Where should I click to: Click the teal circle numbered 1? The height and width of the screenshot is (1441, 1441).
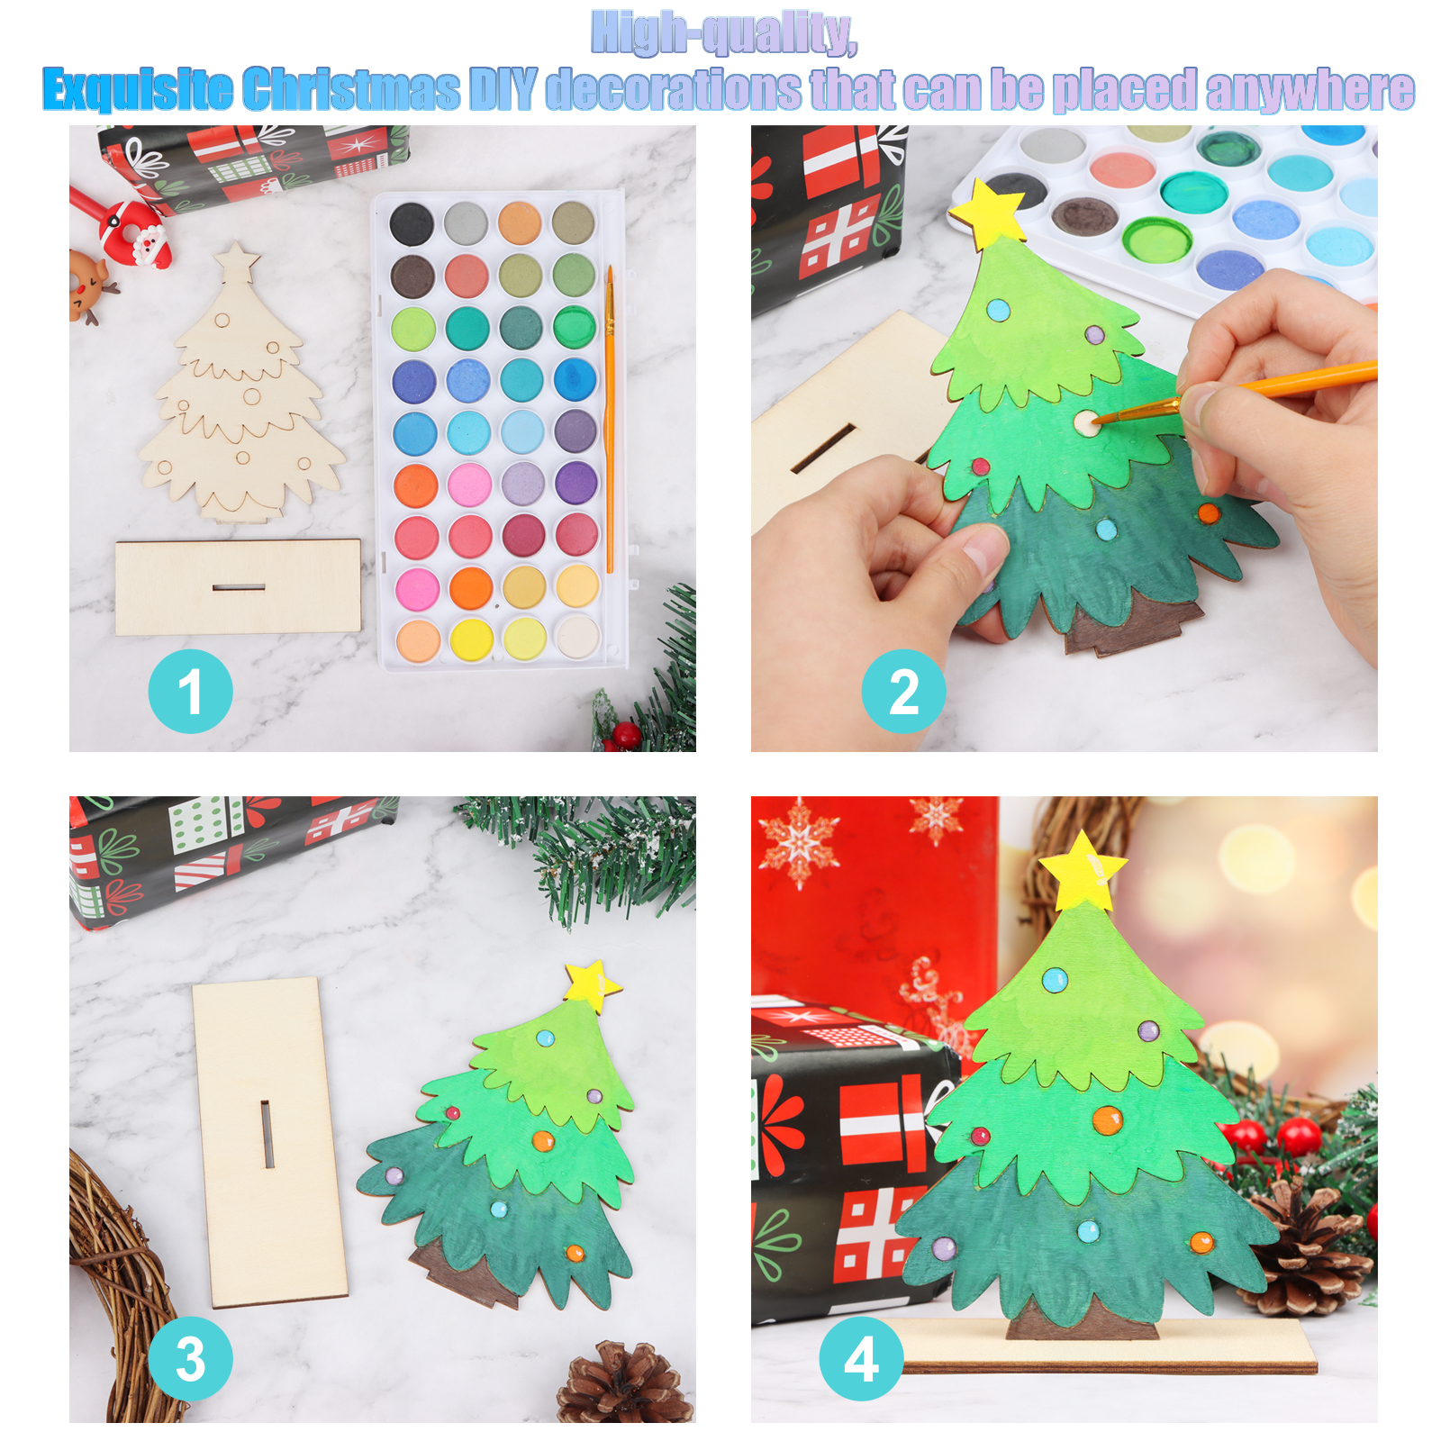point(190,691)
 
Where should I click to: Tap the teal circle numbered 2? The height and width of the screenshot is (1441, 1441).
point(903,691)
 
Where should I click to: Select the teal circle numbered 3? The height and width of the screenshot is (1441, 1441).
point(190,1358)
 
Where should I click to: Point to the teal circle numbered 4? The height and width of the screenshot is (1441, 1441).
point(861,1358)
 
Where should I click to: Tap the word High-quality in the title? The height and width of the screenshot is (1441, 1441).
point(724,34)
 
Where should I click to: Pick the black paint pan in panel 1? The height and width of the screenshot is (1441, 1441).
point(412,222)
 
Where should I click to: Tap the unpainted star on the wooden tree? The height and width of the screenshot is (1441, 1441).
point(237,259)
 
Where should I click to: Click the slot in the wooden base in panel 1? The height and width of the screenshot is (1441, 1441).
point(239,588)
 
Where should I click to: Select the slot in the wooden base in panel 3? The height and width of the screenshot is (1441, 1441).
point(267,1134)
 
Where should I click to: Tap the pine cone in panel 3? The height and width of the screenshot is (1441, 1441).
point(624,1384)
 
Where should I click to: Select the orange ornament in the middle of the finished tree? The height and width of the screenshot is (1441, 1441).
point(1107,1119)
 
